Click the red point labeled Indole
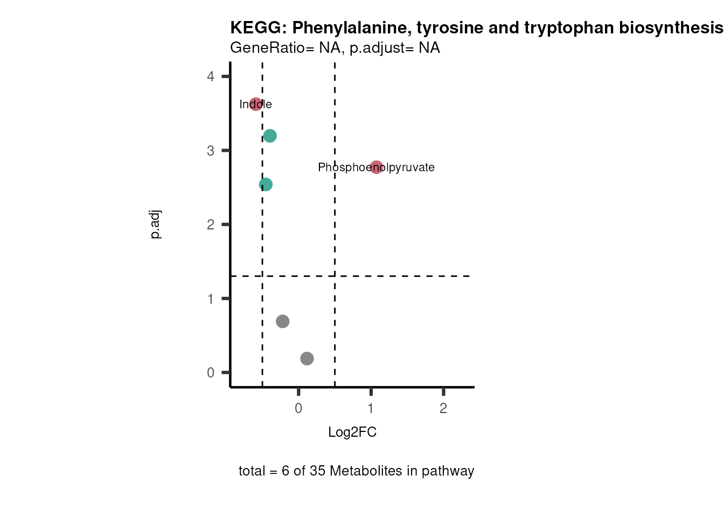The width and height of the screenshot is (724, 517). coord(256,104)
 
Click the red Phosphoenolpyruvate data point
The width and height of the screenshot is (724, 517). coord(377,167)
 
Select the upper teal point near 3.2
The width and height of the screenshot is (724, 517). coord(270,136)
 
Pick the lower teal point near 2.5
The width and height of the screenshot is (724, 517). coord(266,184)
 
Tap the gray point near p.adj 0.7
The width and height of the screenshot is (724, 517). coord(282,322)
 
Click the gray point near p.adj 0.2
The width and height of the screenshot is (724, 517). coord(307,358)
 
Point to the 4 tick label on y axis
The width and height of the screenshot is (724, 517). coord(211,76)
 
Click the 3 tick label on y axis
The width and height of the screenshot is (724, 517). coord(211,151)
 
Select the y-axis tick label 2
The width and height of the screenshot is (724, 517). coord(211,225)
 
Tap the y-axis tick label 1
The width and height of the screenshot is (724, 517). coord(211,299)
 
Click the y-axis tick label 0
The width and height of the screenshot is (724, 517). coord(211,373)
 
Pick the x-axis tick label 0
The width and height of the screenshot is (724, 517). coord(298,409)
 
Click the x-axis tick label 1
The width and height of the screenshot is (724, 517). coord(371,409)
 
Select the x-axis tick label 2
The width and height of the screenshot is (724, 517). coord(443,409)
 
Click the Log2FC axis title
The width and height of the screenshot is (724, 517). coord(352,432)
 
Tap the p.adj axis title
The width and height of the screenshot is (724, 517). coord(155,225)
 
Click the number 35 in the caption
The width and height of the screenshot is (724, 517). coord(317,471)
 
